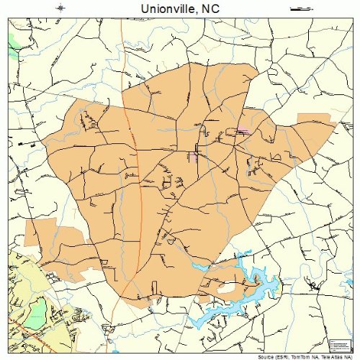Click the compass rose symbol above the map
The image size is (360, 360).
60,9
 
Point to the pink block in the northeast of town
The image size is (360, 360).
243,130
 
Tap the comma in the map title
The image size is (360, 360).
200,10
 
